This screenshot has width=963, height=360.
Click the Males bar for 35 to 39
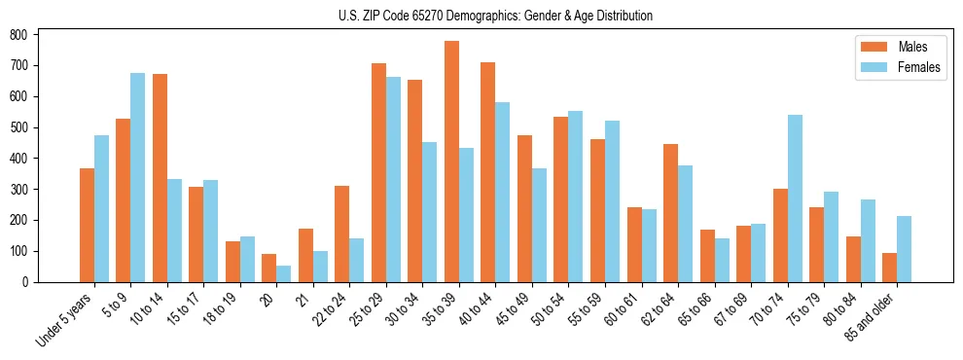click(x=451, y=162)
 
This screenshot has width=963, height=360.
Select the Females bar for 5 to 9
click(x=138, y=177)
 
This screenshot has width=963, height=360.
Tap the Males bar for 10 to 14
click(x=160, y=178)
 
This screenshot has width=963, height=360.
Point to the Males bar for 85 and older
click(x=889, y=268)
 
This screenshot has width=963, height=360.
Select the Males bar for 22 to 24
click(x=342, y=234)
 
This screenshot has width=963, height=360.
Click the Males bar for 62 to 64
click(x=670, y=213)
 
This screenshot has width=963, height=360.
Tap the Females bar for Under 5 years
click(x=101, y=208)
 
